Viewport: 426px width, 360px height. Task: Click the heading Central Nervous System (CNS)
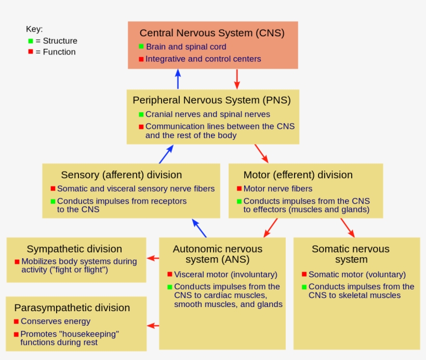coord(212,33)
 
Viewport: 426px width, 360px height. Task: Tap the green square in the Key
coord(31,41)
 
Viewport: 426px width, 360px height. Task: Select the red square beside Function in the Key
coord(31,52)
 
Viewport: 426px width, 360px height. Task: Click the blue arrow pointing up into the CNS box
coord(178,79)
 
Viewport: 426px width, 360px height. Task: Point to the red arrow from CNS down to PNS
coord(237,79)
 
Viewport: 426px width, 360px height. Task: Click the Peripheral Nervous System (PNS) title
coord(211,100)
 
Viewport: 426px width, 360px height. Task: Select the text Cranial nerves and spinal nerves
coord(207,114)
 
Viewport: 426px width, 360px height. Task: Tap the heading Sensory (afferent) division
coord(121,175)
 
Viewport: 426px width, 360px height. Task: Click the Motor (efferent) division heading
coord(298,175)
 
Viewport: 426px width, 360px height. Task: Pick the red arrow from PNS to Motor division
coord(261,153)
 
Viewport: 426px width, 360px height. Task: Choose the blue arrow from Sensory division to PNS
coord(166,154)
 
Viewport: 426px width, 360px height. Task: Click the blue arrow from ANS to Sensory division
coord(199,228)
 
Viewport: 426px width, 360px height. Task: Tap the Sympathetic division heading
coord(74,249)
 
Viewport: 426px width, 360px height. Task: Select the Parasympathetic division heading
coord(72,308)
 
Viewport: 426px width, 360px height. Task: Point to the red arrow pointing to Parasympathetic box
coord(153,326)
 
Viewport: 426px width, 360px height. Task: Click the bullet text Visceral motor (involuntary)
coord(225,274)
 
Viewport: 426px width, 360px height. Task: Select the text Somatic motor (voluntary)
coord(357,274)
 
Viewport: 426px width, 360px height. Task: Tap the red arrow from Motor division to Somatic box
coord(348,228)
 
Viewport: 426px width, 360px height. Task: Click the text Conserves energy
coord(55,322)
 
